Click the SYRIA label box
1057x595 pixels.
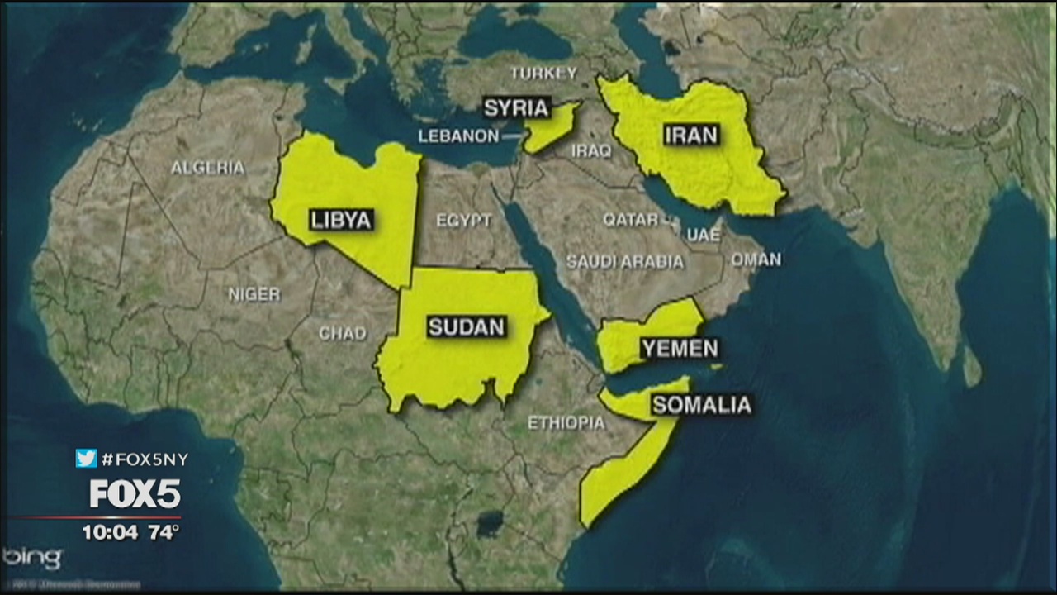point(516,107)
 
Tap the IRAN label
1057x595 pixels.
point(692,135)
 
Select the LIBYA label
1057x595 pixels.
point(341,220)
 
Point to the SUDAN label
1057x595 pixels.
point(466,326)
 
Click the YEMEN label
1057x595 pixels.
point(680,349)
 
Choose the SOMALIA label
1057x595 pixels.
point(702,405)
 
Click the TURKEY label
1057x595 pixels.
point(543,73)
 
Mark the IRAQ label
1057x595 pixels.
point(591,151)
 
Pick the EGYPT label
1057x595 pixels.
point(464,221)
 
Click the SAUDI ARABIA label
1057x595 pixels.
point(624,262)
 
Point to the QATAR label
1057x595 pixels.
point(630,220)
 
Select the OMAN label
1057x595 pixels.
point(756,259)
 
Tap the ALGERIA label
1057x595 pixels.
point(208,168)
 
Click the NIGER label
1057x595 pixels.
point(254,294)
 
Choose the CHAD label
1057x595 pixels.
point(343,334)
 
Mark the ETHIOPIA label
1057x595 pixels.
point(566,423)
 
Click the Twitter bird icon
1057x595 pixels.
point(86,459)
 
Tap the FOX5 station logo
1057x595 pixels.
point(135,494)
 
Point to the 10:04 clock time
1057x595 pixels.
point(110,533)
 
